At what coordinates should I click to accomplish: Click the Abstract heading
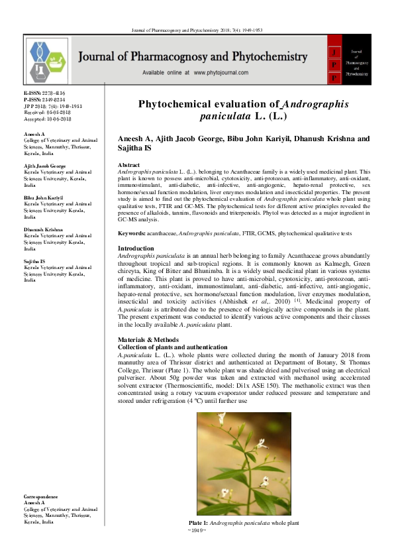[x=128, y=164]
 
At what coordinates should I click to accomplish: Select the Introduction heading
[x=135, y=248]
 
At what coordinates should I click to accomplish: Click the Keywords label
[x=131, y=233]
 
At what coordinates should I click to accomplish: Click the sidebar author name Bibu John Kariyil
[x=43, y=197]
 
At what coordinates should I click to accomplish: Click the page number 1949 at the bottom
[x=197, y=530]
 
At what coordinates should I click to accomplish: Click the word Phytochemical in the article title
[x=184, y=105]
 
